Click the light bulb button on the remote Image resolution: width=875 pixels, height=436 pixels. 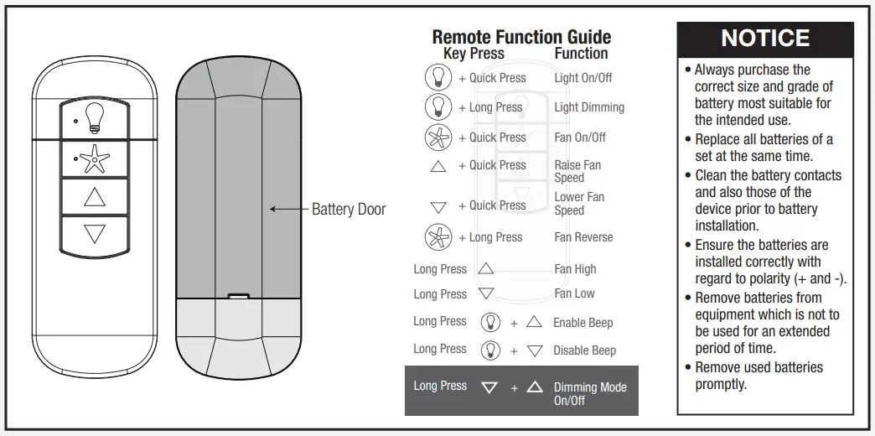95,119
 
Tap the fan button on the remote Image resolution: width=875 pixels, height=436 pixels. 95,158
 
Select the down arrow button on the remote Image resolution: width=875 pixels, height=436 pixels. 95,234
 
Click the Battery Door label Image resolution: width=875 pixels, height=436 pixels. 349,209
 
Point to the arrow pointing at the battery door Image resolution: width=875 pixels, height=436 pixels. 287,209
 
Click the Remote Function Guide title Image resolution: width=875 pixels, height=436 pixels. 521,37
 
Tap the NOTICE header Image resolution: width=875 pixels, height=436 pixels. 765,39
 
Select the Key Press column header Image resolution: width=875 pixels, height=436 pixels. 474,54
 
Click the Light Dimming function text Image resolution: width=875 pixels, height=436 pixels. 589,107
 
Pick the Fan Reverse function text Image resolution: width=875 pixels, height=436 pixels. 583,237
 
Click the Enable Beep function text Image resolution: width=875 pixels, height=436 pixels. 582,323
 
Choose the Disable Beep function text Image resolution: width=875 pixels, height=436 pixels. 584,350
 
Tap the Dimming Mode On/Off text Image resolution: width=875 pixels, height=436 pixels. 590,393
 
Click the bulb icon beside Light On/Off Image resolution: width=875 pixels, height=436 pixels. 438,77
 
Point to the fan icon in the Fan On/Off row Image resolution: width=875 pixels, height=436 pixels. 438,138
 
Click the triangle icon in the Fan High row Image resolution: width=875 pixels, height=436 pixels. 486,269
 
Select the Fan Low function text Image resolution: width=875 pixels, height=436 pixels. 574,293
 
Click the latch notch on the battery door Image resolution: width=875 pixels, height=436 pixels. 239,295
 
